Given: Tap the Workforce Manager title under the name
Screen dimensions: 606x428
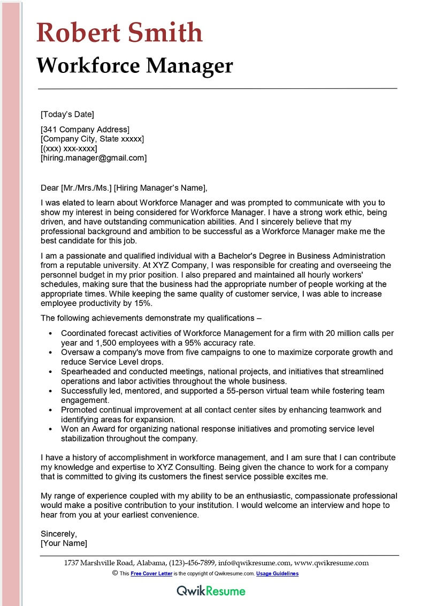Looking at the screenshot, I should point(135,66).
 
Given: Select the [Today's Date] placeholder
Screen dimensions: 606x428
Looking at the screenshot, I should point(67,114).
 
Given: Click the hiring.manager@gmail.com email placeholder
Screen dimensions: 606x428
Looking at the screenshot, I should point(94,158).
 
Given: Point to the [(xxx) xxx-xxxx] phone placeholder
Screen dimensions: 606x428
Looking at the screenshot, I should point(69,148).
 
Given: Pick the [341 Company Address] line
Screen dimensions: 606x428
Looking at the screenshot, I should point(85,129).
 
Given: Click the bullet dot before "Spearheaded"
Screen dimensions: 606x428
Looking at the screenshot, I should point(50,372).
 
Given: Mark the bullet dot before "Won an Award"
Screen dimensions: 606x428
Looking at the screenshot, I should point(50,430).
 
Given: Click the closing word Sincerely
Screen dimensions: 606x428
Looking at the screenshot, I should point(59,534).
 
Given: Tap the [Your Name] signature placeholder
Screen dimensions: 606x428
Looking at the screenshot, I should point(64,543).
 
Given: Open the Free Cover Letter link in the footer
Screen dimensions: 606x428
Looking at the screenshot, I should point(151,573).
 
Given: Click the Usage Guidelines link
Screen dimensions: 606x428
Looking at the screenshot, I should point(277,573).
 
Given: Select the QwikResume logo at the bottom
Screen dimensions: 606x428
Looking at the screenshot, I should point(211,591).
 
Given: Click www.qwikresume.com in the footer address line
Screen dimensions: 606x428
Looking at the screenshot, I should point(332,563).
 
